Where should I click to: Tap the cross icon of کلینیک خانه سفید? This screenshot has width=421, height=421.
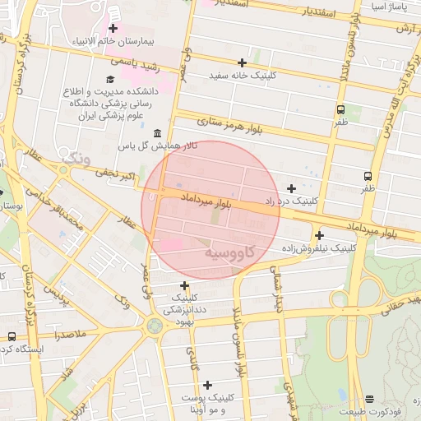(x=242, y=62)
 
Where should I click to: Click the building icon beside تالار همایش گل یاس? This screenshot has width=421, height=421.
(x=157, y=133)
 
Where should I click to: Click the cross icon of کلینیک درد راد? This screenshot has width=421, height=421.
(x=291, y=188)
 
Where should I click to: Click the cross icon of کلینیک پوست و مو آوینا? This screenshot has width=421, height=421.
(x=207, y=385)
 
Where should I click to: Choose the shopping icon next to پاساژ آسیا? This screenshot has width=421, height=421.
(x=408, y=6)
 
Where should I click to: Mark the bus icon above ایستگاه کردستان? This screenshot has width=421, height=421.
(x=12, y=336)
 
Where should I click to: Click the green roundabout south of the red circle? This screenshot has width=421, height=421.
(x=154, y=326)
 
